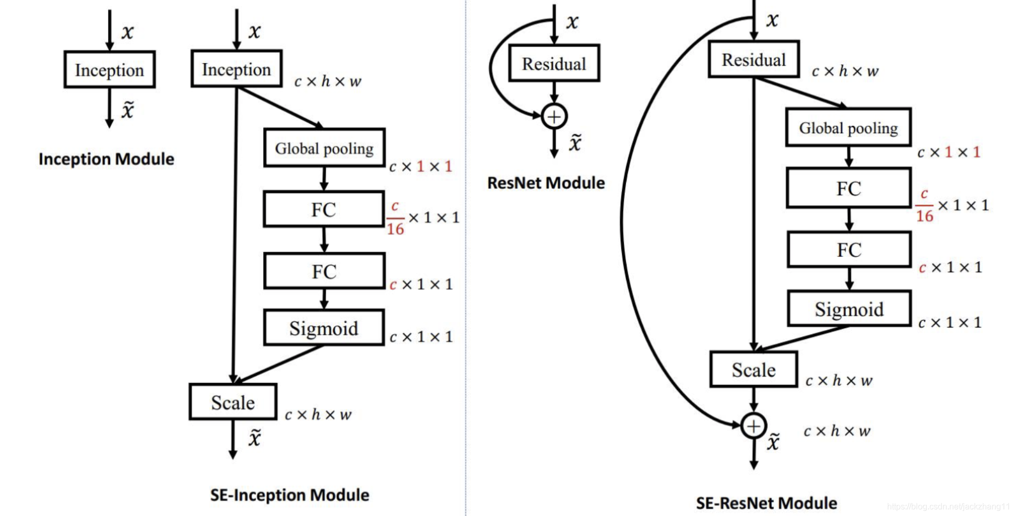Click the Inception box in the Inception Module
(110, 69)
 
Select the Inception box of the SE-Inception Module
(237, 68)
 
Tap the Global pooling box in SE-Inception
(324, 148)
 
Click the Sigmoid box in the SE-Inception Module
(324, 328)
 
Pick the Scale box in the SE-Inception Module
(233, 402)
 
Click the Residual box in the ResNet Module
(554, 63)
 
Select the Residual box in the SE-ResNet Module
(753, 59)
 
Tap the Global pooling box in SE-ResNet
(848, 127)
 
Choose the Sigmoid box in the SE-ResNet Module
(849, 309)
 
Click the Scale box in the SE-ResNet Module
(753, 369)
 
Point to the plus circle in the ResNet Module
(554, 116)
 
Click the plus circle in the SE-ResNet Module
(753, 426)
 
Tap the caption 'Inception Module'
(107, 159)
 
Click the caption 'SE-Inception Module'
(290, 495)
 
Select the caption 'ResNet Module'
(546, 183)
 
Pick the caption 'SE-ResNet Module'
(767, 503)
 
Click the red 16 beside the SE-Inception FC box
(395, 229)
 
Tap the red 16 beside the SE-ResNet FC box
(925, 216)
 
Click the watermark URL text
(949, 507)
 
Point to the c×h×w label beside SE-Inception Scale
(318, 415)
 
